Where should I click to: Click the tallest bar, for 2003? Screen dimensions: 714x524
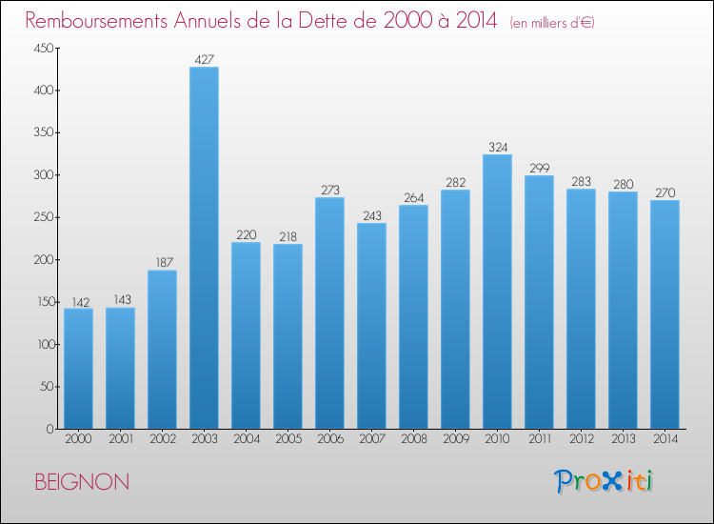pos(204,248)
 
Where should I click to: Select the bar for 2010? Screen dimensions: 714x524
pos(497,292)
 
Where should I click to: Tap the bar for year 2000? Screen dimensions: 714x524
pos(78,369)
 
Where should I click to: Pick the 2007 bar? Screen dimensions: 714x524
pos(371,326)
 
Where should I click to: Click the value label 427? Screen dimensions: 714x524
pos(204,60)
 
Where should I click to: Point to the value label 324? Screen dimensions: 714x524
pos(498,147)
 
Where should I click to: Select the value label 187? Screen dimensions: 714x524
pos(164,262)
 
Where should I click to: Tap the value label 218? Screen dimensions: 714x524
pos(288,236)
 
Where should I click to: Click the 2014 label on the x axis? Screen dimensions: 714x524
pos(665,439)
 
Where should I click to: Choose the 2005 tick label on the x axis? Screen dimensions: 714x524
pos(288,439)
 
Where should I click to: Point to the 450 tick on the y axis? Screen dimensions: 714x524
pos(44,48)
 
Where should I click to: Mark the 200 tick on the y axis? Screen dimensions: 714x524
pos(44,260)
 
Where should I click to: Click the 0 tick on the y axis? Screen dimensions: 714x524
pos(50,429)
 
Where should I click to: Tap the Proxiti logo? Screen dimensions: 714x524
pos(604,481)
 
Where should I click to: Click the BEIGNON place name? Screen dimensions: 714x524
pos(82,482)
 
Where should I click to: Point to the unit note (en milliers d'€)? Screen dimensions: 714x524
pos(552,23)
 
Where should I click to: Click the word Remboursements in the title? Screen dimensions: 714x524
pos(96,21)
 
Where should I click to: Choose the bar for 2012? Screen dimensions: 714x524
pos(581,309)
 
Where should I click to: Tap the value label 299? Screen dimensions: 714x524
pos(540,168)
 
